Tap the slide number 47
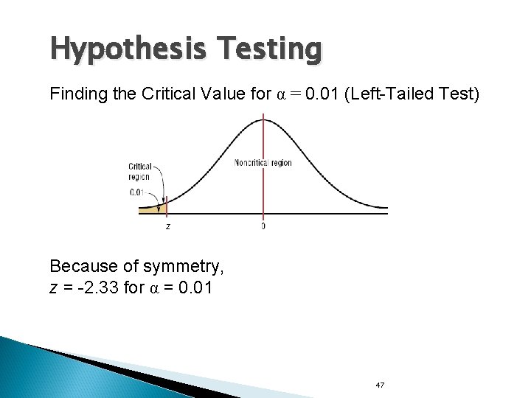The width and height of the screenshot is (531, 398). [x=381, y=385]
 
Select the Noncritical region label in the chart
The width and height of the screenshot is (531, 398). [x=263, y=163]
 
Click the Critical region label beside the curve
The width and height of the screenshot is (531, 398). [x=139, y=172]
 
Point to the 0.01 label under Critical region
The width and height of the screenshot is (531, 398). [x=137, y=193]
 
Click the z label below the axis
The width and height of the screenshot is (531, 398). [x=167, y=226]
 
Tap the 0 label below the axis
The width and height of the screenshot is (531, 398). [x=263, y=226]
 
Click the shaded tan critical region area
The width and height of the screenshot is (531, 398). [x=150, y=210]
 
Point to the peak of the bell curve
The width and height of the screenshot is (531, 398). [x=263, y=119]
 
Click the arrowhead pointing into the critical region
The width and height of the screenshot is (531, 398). [x=158, y=207]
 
